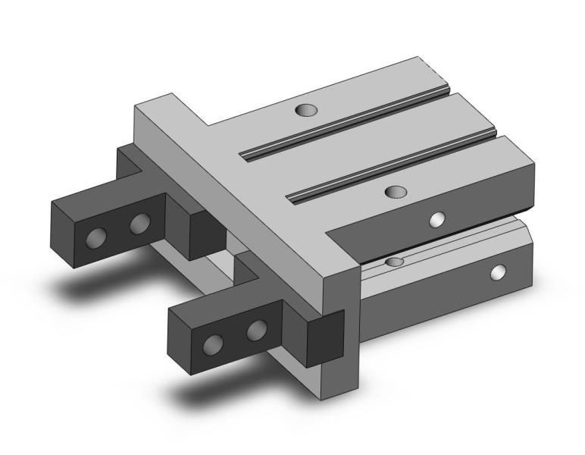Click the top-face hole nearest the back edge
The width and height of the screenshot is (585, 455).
pos(307,111)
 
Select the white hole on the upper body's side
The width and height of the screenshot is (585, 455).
pos(436,220)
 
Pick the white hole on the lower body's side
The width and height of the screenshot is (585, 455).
pos(498,271)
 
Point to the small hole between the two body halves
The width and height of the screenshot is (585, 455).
pos(393,262)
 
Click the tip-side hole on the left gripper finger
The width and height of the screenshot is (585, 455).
pos(95,237)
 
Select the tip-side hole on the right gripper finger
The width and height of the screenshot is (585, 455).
pos(214,344)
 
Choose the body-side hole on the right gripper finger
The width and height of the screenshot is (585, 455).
pos(257,330)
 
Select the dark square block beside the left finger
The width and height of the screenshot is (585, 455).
pos(207,232)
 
